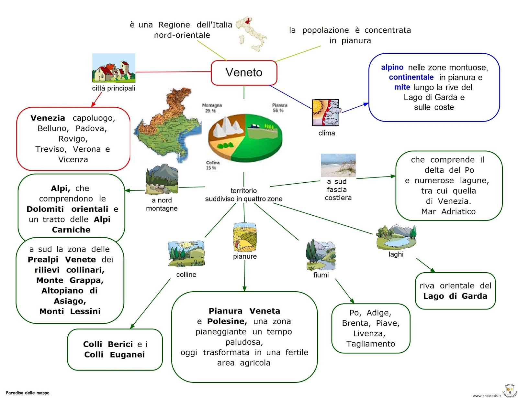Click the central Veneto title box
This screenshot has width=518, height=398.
coord(244,73)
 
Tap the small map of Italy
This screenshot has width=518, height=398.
coord(252,34)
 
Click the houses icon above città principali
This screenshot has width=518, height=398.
coord(114,68)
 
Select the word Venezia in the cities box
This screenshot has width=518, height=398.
coord(48,118)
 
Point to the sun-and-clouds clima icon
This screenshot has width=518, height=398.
coord(325,113)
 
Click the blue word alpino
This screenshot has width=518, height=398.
coord(392,67)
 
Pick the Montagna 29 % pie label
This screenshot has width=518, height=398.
coord(212,108)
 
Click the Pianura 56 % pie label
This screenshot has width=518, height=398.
coord(279,108)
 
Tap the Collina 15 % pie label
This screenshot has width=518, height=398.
coord(212,165)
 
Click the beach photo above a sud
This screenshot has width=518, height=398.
coord(338,165)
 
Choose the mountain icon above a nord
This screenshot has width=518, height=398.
coord(162,179)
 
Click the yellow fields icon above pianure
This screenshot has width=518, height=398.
coord(245,237)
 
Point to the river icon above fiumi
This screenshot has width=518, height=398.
coord(321,255)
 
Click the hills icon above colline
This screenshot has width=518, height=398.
coord(186,254)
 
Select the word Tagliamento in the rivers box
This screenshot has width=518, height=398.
coord(371,344)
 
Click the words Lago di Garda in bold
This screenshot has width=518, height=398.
coord(455,296)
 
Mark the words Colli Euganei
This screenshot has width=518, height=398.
coord(114,355)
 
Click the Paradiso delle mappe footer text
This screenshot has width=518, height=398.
coord(28,393)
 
